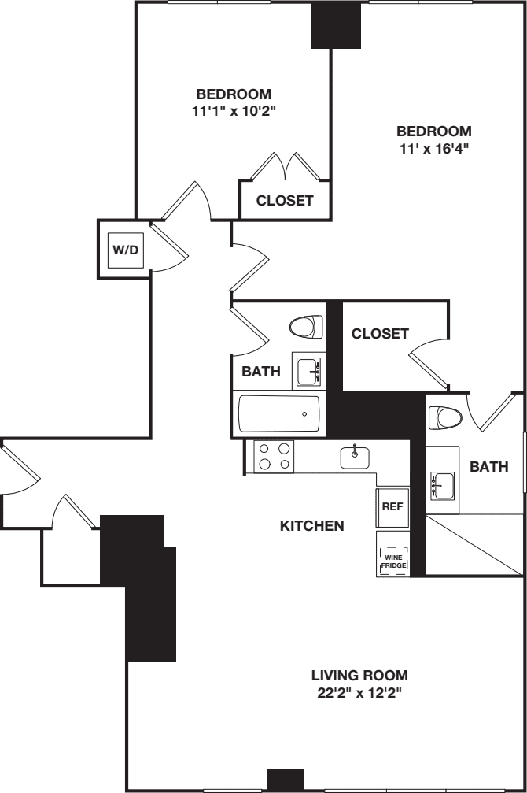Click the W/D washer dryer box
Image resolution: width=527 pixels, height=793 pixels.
click(125, 250)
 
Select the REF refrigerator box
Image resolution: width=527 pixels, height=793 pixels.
click(392, 506)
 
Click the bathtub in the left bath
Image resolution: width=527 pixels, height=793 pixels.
click(279, 413)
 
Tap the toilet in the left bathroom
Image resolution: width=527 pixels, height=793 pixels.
click(307, 325)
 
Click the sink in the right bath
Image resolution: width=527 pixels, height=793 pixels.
click(442, 487)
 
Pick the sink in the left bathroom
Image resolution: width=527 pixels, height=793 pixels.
click(307, 369)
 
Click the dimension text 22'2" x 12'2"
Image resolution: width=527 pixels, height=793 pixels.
click(359, 693)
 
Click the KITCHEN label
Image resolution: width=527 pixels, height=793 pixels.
click(311, 525)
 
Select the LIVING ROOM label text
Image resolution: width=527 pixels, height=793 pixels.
click(359, 675)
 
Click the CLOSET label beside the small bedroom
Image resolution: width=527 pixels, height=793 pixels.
click(285, 201)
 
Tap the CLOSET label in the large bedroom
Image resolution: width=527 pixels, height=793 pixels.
click(380, 334)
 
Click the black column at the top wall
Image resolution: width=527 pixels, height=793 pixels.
click(335, 25)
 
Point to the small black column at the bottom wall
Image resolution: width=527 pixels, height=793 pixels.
click(285, 780)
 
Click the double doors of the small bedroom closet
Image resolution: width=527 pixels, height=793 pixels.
click(286, 167)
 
